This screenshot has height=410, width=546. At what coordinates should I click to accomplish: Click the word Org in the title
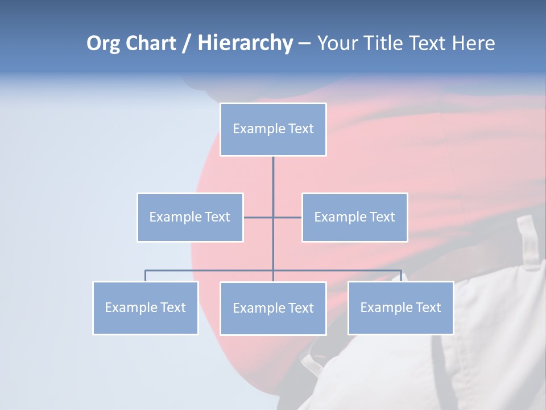click(104, 43)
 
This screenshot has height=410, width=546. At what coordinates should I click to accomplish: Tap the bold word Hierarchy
click(245, 43)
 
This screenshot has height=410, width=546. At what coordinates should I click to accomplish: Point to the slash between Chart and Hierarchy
click(187, 43)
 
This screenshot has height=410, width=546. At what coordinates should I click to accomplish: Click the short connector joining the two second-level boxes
click(287, 218)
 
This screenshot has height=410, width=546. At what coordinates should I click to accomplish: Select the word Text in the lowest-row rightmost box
click(428, 307)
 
